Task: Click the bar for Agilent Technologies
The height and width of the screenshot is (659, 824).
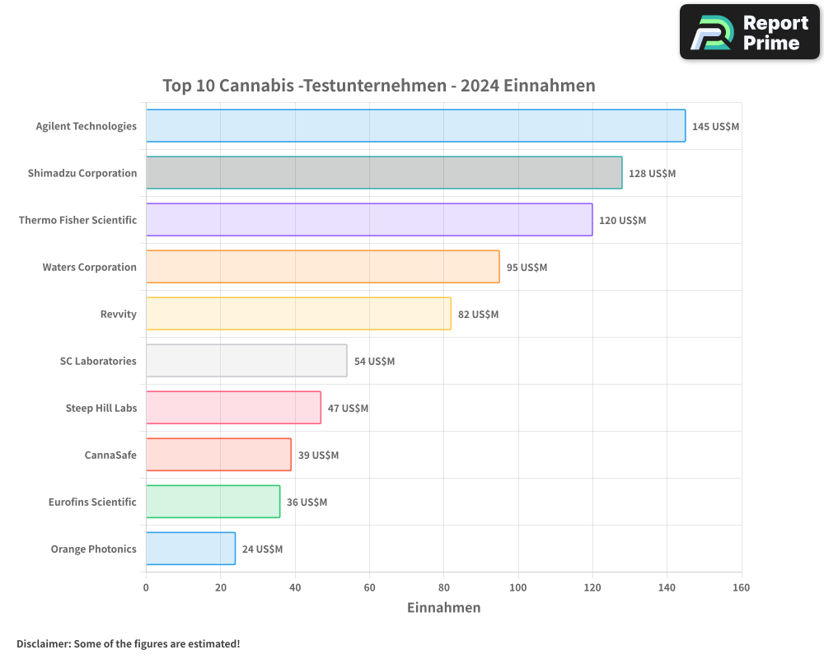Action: (x=415, y=126)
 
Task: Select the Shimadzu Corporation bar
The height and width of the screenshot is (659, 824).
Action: (x=384, y=173)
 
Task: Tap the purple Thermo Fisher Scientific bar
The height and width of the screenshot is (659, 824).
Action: (x=369, y=220)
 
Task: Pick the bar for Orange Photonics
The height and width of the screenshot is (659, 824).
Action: (x=190, y=549)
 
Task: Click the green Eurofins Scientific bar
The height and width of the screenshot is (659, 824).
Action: (x=213, y=502)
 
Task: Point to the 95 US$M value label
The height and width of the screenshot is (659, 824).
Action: (x=527, y=268)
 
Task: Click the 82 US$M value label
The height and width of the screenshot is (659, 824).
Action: (x=478, y=315)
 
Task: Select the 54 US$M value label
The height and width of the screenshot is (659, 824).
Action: (x=374, y=362)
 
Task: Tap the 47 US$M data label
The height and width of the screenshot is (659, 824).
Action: (x=348, y=409)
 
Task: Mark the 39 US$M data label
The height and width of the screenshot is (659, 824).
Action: (x=318, y=456)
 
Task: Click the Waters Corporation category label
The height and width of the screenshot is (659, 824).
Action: (x=89, y=267)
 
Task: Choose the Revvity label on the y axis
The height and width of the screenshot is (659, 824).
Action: (x=118, y=314)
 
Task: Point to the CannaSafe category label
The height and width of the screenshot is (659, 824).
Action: (x=110, y=455)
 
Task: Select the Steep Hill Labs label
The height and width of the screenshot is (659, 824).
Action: (x=101, y=408)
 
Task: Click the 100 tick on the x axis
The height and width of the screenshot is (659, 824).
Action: (x=518, y=587)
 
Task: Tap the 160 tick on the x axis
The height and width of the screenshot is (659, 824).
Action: (x=741, y=587)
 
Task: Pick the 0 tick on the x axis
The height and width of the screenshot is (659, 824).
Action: (x=146, y=587)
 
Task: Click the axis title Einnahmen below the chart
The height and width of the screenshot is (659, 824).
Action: (x=443, y=608)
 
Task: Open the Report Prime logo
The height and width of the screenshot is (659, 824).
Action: (x=749, y=32)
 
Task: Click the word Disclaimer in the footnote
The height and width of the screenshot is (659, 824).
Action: (x=42, y=644)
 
